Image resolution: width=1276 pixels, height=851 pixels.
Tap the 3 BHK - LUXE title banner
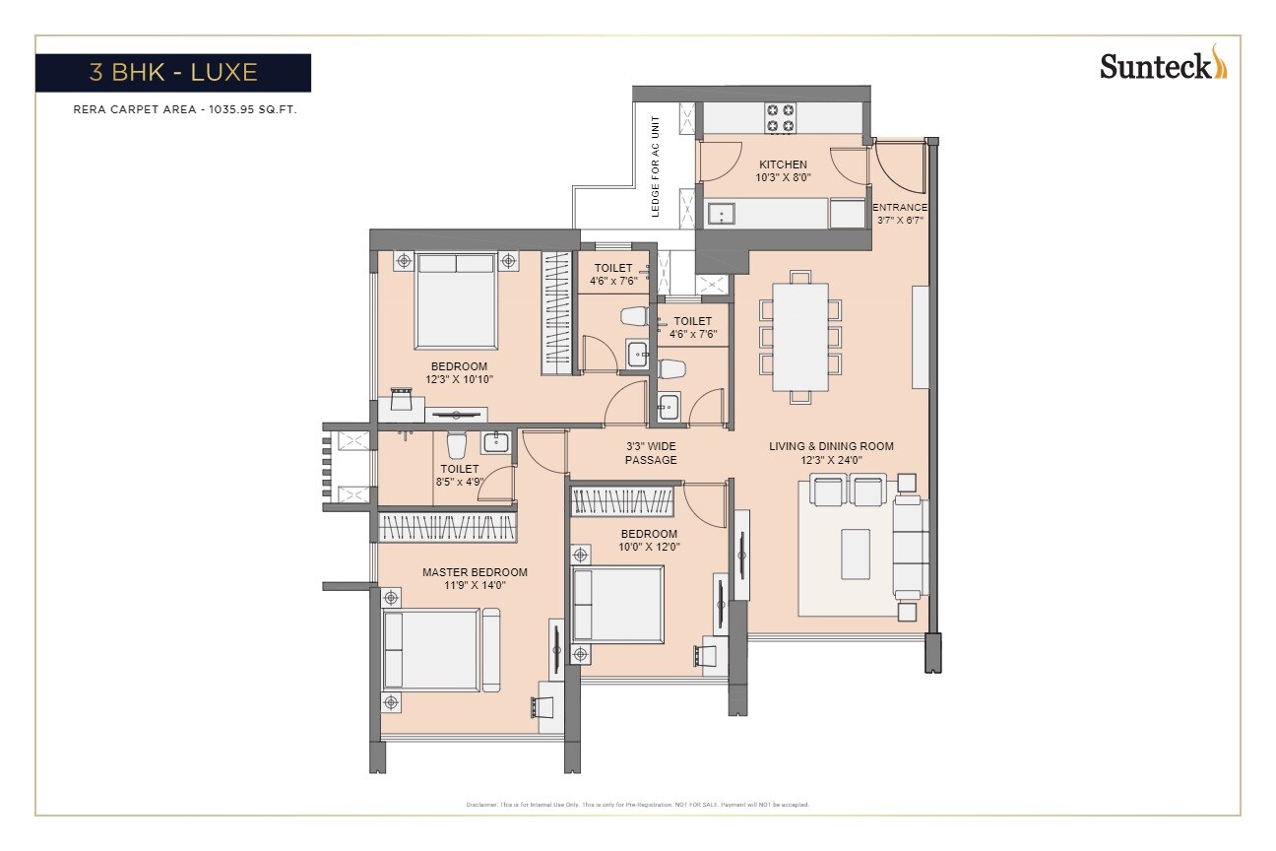coord(173,73)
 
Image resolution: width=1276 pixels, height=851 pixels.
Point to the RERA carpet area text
coord(185,110)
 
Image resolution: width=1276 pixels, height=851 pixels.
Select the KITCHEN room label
coord(783,164)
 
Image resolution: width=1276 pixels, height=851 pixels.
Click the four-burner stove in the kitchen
coord(781,118)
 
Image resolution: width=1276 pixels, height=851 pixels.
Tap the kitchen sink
coord(721,213)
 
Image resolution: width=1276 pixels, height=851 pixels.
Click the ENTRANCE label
coord(901,208)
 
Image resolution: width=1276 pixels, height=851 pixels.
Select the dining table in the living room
coord(799,337)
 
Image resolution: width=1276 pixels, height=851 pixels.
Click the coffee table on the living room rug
coord(855,556)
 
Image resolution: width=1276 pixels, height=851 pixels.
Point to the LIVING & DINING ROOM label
coord(831,446)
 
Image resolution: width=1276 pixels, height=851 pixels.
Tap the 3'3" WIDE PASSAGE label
coord(651,453)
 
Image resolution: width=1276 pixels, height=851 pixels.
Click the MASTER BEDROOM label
coord(475,572)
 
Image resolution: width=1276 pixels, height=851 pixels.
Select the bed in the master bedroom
coord(440,650)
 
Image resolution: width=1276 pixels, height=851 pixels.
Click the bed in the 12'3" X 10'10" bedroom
coord(454,298)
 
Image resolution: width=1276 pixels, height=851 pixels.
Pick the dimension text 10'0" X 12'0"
coord(649,547)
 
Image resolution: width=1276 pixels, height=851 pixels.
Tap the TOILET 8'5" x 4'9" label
coord(460,476)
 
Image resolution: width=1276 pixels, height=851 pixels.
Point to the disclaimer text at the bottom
coord(637,805)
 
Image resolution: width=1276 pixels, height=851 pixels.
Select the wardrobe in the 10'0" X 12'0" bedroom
coord(622,502)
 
